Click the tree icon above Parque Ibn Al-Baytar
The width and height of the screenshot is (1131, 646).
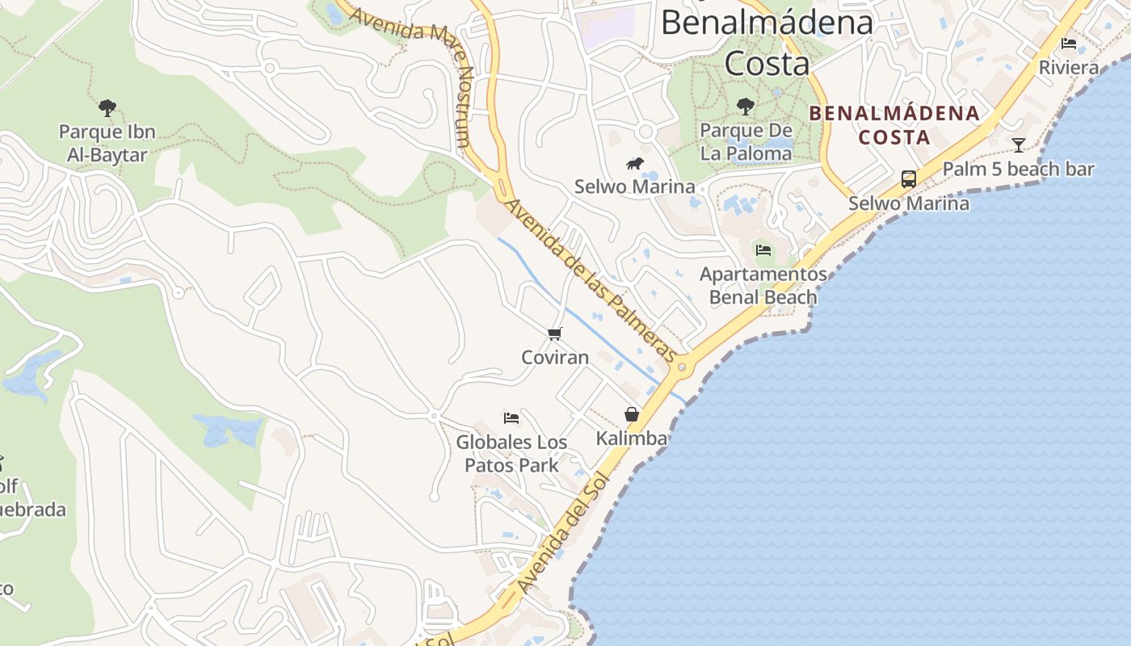pos(107,108)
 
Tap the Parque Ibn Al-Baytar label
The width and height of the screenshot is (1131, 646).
pos(107,143)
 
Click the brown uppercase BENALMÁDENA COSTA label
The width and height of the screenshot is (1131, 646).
pos(894,125)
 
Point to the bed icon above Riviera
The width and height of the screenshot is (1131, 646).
pos(1069,44)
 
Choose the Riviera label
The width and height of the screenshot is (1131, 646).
pos(1069,68)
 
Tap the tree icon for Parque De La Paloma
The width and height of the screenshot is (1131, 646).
pos(746,106)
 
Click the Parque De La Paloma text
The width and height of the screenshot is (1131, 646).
pos(746,141)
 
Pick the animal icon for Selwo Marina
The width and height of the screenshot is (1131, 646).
pos(635,164)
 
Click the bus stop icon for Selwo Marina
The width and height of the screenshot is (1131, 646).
pos(909,178)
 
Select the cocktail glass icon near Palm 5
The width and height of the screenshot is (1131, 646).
pos(1019,145)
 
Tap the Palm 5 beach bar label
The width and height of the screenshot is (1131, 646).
pos(1018,170)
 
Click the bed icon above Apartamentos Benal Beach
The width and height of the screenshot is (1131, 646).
pos(763,250)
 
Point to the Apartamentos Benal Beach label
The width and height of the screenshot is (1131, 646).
pos(763,286)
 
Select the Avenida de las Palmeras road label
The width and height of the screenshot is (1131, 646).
pos(590,279)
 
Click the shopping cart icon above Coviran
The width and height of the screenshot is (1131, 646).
pos(554,333)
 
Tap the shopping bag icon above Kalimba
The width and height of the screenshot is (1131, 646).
pos(632,415)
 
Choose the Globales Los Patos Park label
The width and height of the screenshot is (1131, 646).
pos(511,454)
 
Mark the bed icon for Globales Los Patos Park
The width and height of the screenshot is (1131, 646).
pos(511,418)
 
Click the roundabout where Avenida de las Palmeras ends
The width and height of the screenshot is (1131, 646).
pos(683,367)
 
